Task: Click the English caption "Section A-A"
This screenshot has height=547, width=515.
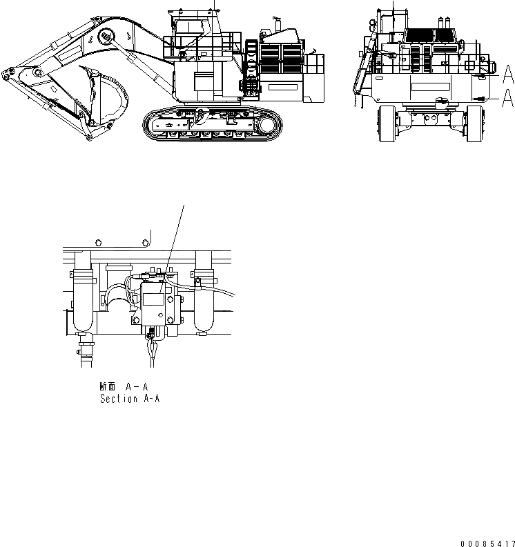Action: (130, 399)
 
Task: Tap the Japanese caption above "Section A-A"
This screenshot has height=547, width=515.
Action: (124, 388)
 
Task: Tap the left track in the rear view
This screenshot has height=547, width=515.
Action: (385, 124)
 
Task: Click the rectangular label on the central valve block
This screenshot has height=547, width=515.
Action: (153, 299)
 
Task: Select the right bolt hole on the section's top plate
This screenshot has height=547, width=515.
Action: (146, 243)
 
